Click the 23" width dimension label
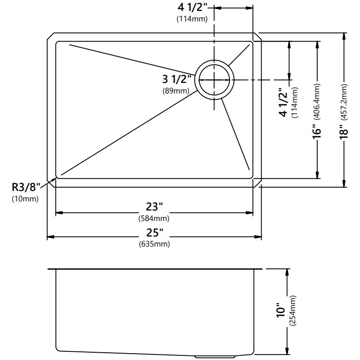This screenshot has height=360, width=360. pyautogui.click(x=154, y=207)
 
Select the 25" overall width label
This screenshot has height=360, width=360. pyautogui.click(x=155, y=233)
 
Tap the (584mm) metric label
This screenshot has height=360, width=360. pyautogui.click(x=154, y=218)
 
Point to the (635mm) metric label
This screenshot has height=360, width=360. pyautogui.click(x=154, y=244)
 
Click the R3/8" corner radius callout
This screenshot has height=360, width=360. pyautogui.click(x=26, y=187)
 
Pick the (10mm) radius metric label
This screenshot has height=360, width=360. pyautogui.click(x=25, y=199)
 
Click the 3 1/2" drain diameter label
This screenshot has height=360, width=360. pyautogui.click(x=177, y=79)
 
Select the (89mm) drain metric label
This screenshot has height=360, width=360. pyautogui.click(x=176, y=91)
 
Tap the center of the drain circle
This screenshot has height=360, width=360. pyautogui.click(x=214, y=80)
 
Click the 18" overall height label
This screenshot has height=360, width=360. pyautogui.click(x=344, y=132)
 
